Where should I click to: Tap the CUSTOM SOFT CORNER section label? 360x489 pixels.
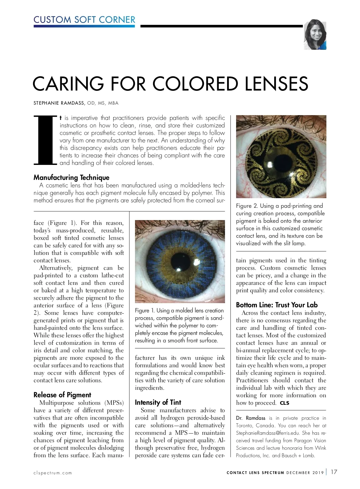tap(84, 20)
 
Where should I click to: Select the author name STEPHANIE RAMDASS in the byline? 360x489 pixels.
tap(59, 103)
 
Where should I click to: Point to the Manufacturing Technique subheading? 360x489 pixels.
tap(71, 177)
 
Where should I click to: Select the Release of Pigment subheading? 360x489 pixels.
tap(62, 395)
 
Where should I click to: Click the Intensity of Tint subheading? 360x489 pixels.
tap(158, 402)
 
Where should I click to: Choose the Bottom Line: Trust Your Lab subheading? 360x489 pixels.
tap(277, 305)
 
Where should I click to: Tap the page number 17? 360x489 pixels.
tap(334, 472)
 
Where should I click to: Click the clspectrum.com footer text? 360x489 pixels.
tap(53, 473)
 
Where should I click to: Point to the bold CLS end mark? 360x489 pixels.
tap(284, 403)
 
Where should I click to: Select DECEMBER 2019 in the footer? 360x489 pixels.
tap(305, 473)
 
